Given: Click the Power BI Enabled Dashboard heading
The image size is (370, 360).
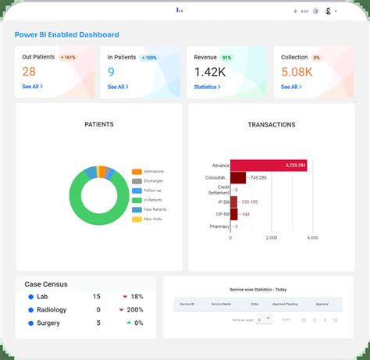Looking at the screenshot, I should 66,34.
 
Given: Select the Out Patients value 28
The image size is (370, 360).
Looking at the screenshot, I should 29,72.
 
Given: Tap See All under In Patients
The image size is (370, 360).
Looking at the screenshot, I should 118,87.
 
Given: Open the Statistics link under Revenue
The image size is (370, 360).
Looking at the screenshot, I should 207,87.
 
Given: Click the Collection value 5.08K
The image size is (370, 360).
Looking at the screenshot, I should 297,72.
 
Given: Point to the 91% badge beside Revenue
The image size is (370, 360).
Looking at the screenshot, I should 227,57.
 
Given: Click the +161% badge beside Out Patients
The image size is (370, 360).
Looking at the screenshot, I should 67,57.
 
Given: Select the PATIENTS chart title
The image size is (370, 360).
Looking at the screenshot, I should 99,124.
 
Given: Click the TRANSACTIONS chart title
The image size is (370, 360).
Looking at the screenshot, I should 271,124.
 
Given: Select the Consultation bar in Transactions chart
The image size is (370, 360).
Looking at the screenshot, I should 238,178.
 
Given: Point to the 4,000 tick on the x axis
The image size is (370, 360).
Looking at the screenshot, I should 312,237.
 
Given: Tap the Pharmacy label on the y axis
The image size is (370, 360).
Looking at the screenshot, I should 219,226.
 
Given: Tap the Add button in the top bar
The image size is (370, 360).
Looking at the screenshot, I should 301,11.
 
